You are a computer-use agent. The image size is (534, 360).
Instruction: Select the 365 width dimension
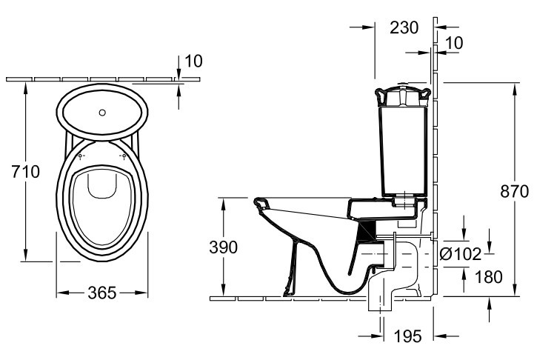[x=101, y=293]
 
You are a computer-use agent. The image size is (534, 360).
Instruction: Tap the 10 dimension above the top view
[x=193, y=61]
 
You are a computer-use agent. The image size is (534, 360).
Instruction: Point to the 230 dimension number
[x=404, y=27]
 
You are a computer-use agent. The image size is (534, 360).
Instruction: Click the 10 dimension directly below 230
[x=454, y=44]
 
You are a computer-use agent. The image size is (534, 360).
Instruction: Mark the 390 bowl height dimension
[x=222, y=247]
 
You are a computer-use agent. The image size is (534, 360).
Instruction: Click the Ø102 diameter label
[x=461, y=253]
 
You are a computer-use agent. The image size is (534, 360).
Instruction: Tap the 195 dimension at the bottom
[x=407, y=337]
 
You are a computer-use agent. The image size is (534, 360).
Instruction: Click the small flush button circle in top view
[x=104, y=113]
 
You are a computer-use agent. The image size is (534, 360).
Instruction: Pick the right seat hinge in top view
[x=124, y=156]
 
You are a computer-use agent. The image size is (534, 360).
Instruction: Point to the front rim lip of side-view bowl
[x=258, y=201]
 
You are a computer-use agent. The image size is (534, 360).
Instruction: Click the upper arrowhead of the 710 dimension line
[x=26, y=84]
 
